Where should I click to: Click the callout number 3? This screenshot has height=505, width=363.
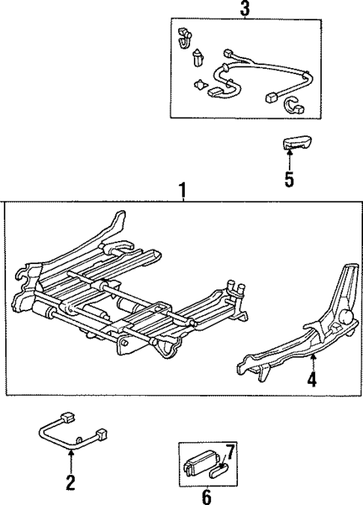(x=244, y=9)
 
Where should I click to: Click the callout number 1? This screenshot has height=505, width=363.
(x=182, y=192)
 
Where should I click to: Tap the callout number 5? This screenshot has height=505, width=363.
(x=289, y=180)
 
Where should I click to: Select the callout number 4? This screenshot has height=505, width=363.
(x=311, y=380)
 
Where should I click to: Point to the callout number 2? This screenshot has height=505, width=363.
(x=70, y=483)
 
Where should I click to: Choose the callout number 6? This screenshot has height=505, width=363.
(x=207, y=497)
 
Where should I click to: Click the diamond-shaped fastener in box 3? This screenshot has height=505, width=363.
(x=200, y=85)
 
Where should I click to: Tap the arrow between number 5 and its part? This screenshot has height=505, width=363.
(x=290, y=158)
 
